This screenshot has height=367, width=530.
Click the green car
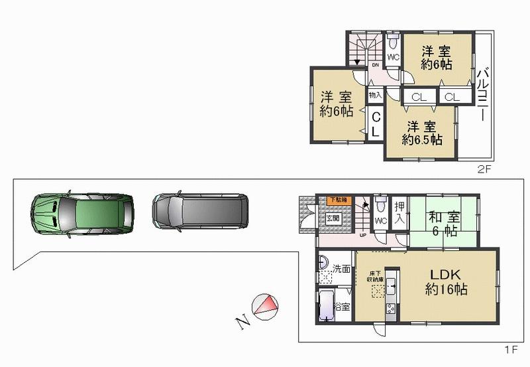(82, 213)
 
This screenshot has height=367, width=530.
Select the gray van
(200, 211)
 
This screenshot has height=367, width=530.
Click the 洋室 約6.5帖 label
(421, 133)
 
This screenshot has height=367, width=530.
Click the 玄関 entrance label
(332, 217)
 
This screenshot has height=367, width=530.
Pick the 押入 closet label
(399, 212)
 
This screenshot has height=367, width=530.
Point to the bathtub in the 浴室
(328, 307)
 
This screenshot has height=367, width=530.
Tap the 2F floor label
(484, 169)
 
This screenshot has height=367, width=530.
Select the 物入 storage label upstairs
(375, 96)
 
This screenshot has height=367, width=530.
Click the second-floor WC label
(392, 57)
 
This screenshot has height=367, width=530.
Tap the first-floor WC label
(380, 220)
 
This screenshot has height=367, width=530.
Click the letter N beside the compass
(242, 323)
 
